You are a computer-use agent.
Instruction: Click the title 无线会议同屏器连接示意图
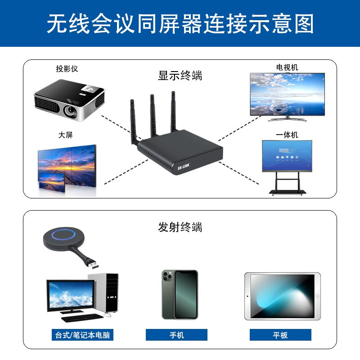(180, 23)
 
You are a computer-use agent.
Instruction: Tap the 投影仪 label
(67, 69)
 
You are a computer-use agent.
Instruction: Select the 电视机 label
(287, 67)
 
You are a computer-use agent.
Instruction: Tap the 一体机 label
(287, 135)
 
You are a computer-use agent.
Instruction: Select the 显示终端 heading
(180, 76)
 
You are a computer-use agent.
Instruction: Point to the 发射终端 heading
(180, 227)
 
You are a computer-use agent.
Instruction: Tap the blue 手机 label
(176, 335)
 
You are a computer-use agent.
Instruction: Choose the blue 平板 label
(280, 335)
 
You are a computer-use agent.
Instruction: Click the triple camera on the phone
(168, 276)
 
